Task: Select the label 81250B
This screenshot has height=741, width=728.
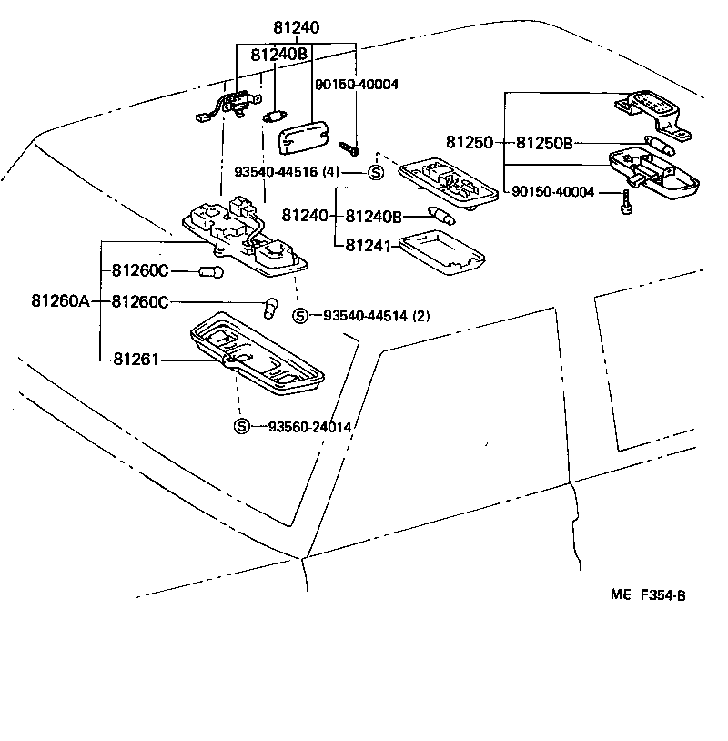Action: click(x=544, y=143)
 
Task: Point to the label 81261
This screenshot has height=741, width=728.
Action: click(x=136, y=360)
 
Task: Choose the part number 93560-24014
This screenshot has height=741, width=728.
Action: click(x=309, y=426)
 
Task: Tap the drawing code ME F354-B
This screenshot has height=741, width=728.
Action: click(x=647, y=595)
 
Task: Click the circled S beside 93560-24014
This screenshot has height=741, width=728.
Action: click(x=241, y=426)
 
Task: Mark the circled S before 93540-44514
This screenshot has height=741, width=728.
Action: click(x=299, y=316)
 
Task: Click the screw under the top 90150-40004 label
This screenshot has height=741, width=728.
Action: click(x=349, y=145)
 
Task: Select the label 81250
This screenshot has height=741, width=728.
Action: click(x=469, y=143)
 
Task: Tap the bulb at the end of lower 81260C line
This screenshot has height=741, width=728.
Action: click(x=269, y=308)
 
